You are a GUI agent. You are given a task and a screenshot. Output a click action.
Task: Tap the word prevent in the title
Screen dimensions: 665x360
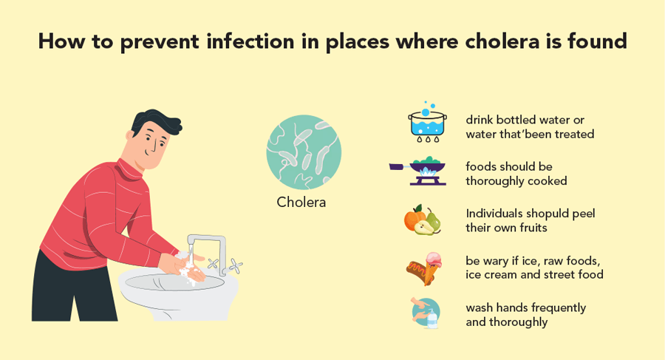(160, 42)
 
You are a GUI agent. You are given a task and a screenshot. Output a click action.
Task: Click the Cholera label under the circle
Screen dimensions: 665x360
(301, 202)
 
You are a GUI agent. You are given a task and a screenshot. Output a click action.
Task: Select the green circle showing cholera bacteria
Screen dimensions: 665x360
(304, 152)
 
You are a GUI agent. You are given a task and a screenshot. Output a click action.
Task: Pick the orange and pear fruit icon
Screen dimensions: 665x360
(423, 220)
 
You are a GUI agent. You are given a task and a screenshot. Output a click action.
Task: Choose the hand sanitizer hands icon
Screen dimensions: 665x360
(426, 313)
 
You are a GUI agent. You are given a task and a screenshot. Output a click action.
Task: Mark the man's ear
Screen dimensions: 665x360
(130, 135)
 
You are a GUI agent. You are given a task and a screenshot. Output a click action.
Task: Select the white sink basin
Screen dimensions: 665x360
(178, 293)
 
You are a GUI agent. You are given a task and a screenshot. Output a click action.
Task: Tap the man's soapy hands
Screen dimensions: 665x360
(183, 268)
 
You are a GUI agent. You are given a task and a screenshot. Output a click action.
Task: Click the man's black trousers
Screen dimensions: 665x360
(73, 289)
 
